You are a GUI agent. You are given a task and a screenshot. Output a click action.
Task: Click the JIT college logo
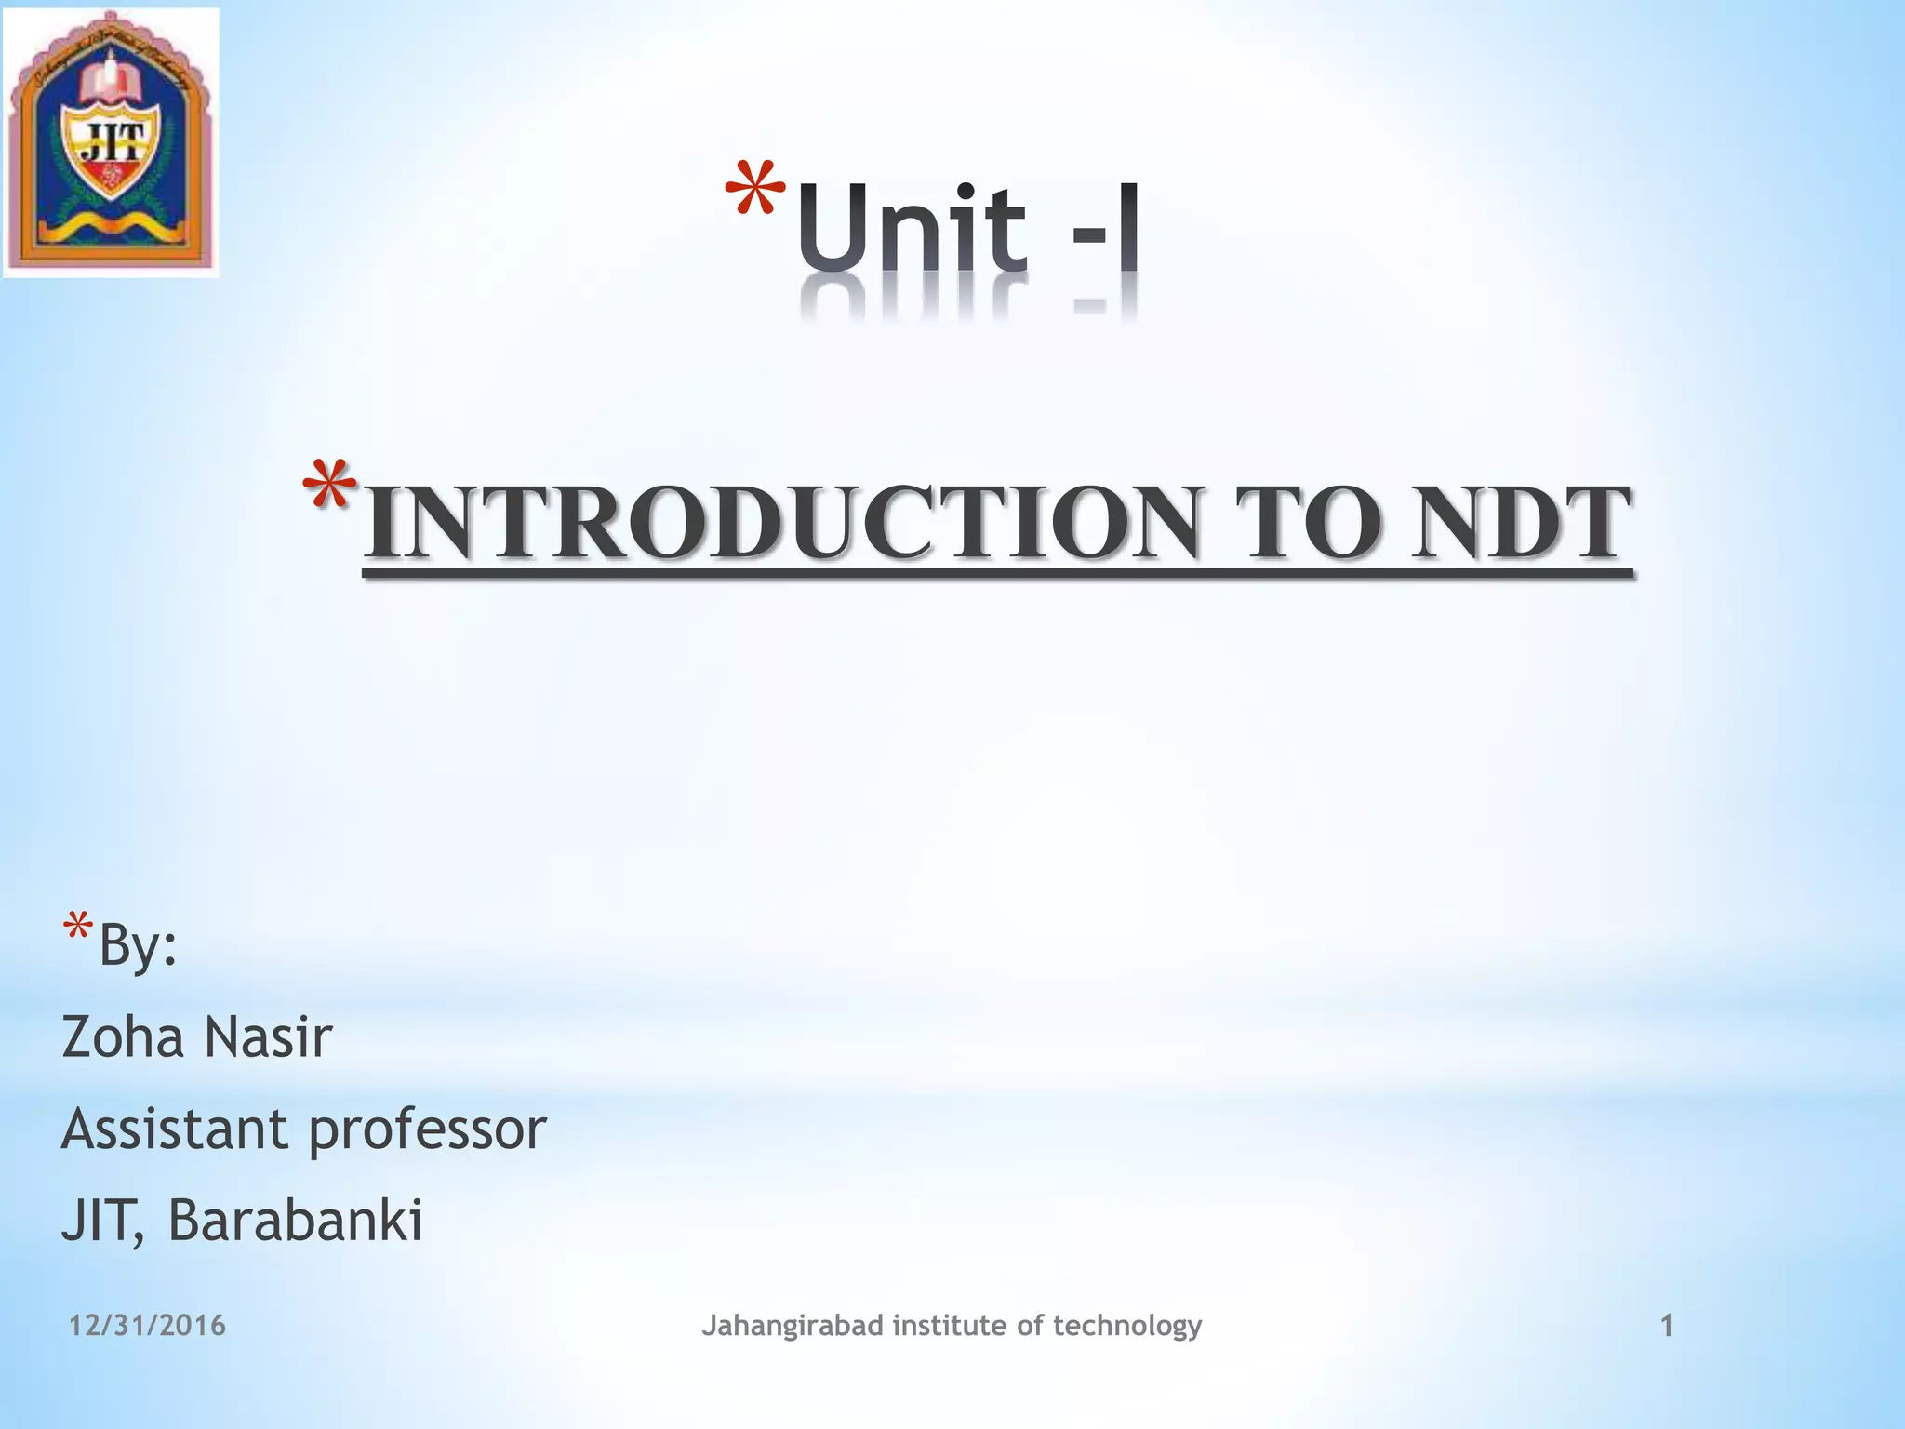tap(111, 142)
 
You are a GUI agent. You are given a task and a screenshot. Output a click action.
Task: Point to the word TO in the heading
tap(1307, 523)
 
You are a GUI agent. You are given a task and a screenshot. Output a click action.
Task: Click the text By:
tap(138, 945)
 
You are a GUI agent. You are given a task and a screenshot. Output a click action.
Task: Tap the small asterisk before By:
tap(77, 928)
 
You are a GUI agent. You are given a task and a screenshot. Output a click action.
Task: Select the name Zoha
tap(123, 1036)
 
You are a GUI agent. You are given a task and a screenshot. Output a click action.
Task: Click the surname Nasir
tap(268, 1036)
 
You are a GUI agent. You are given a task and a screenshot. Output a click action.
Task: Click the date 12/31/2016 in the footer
tap(147, 1325)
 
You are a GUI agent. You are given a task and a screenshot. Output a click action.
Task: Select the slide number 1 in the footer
tap(1667, 1326)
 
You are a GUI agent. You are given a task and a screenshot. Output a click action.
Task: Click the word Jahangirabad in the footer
tap(792, 1326)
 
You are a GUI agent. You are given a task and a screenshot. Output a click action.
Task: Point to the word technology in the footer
tap(1126, 1326)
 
